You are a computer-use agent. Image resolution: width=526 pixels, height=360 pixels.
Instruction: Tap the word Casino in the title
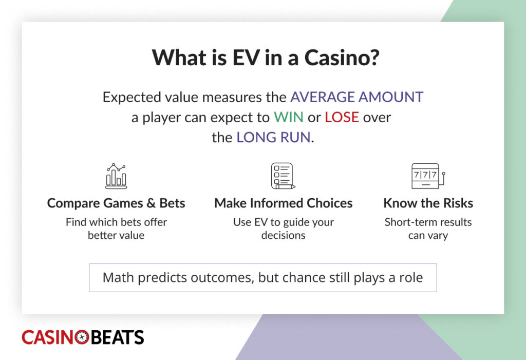tap(341, 58)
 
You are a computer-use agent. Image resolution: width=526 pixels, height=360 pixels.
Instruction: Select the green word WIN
tap(288, 117)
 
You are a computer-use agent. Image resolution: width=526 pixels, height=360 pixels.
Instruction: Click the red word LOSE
tap(342, 117)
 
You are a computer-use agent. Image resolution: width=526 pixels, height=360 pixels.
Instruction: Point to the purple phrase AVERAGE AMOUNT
tap(356, 97)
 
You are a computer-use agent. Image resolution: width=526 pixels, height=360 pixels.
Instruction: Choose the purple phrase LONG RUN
tap(273, 138)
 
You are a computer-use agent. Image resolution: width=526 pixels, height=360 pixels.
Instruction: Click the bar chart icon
tap(116, 176)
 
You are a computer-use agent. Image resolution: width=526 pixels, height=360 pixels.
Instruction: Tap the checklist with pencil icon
tap(283, 176)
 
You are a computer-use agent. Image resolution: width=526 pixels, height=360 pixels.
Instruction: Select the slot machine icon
tap(428, 176)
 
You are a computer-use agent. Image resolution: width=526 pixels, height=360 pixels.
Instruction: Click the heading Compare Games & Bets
tap(116, 203)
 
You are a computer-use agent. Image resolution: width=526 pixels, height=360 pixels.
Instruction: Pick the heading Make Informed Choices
tap(283, 203)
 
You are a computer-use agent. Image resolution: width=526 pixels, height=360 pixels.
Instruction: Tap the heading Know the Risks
tap(428, 203)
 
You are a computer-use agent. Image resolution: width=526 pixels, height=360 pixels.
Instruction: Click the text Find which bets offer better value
tap(116, 229)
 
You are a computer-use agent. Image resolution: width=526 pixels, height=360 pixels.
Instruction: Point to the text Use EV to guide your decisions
tap(283, 229)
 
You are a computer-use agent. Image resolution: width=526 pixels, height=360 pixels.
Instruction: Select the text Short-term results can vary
tap(428, 229)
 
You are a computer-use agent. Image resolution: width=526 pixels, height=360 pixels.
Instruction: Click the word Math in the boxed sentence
tap(119, 278)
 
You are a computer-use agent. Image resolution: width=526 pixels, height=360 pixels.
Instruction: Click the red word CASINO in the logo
tap(47, 337)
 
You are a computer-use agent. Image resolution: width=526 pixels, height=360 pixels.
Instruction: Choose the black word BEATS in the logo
tap(117, 337)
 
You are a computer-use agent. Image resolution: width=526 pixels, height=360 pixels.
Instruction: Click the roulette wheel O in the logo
tap(82, 337)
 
